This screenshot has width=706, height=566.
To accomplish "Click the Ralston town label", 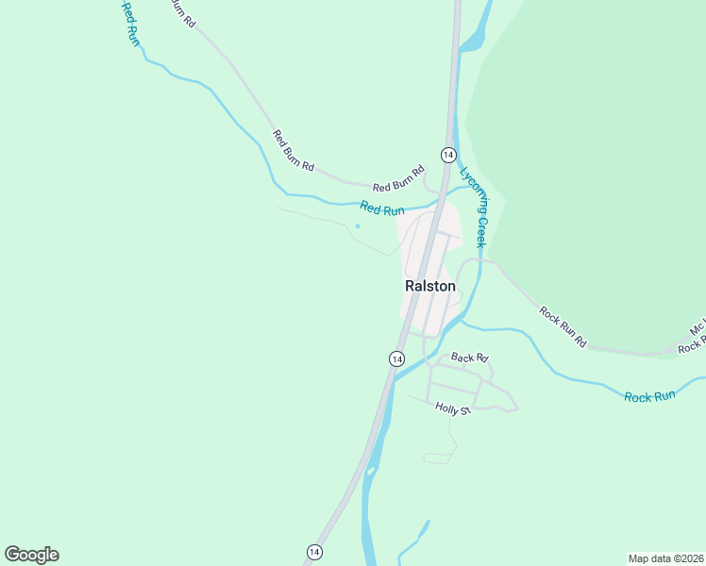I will [x=429, y=286].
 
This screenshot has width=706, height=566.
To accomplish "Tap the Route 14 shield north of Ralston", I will [x=447, y=154].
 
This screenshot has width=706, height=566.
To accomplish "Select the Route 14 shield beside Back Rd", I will [x=396, y=358].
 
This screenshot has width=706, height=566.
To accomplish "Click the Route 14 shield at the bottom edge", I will [x=314, y=551].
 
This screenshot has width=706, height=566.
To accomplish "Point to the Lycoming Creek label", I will [x=474, y=207].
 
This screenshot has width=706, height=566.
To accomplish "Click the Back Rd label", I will [x=469, y=358].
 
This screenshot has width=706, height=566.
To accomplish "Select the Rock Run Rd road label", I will [x=563, y=327].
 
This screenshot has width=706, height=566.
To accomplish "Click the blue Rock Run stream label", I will [x=649, y=396].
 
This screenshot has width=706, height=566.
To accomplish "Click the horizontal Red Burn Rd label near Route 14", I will [x=398, y=187].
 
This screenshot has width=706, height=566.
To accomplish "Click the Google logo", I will [x=31, y=555].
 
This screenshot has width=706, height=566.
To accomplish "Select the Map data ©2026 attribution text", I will [x=665, y=558].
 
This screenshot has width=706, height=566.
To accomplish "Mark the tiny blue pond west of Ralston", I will [x=358, y=225].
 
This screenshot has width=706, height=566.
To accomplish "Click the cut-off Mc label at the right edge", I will [x=697, y=330].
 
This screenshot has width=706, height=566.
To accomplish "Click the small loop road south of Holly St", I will [x=438, y=458].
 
